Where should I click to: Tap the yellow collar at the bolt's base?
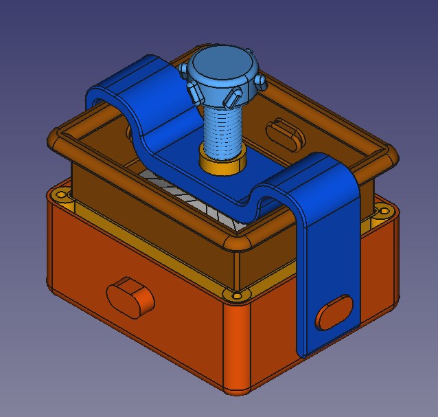coord(223,163)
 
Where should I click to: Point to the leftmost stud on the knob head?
coord(183,69)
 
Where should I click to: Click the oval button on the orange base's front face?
coord(130,295)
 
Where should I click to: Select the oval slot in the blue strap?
coord(334,312)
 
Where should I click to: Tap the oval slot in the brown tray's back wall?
coord(284,132)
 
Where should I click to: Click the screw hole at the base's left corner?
coord(62,196)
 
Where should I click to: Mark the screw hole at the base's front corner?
coord(238,296)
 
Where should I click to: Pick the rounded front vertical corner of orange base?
coord(237,350)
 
